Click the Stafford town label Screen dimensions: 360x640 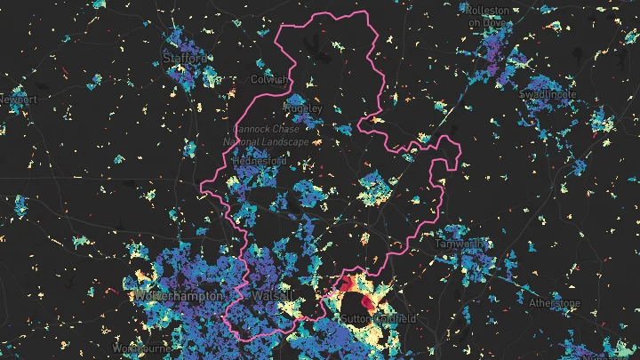click(185, 58)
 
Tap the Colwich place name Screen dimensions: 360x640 click(269, 79)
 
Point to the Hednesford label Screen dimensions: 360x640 click(259, 162)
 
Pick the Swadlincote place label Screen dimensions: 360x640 click(548, 93)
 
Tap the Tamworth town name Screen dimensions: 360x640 click(461, 242)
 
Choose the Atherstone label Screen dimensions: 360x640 click(555, 303)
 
